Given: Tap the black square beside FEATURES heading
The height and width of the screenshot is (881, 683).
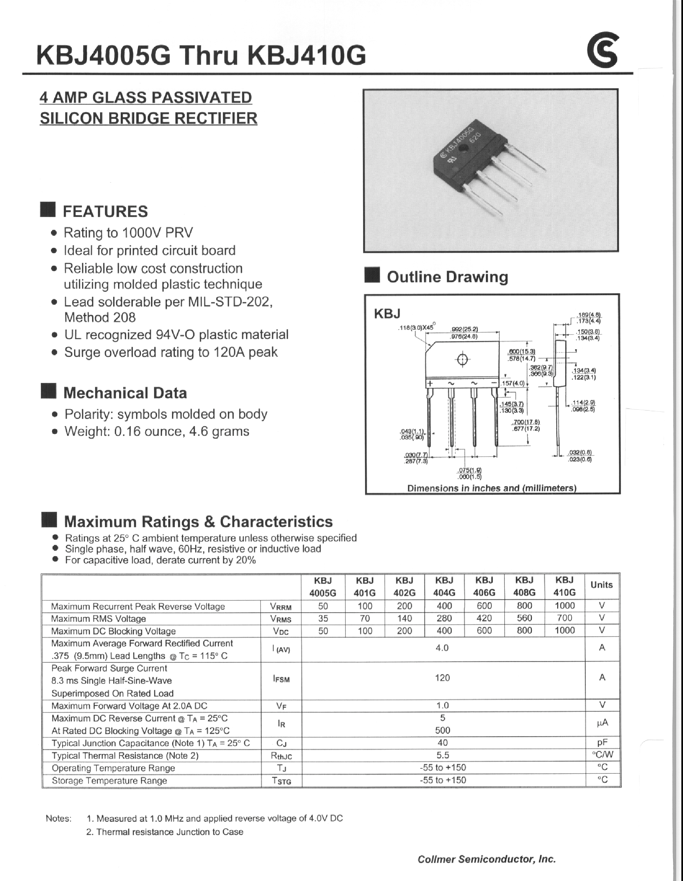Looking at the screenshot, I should point(48,210).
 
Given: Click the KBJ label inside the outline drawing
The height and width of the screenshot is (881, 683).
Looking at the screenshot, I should point(387,313).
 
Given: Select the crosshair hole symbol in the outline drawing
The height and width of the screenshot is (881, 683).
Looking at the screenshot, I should point(462,360).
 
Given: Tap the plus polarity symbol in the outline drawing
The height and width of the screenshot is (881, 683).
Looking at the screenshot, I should point(430,383).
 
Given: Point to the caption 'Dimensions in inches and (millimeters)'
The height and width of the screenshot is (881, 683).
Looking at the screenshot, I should point(491,488).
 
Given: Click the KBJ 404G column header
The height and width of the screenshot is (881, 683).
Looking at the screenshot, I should point(444,586).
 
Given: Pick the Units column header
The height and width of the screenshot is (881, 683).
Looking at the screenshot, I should point(601,585).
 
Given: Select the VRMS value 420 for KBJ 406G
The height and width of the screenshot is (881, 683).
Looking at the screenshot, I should point(484,618).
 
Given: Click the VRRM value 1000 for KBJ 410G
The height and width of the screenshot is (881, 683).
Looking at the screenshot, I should point(564,605).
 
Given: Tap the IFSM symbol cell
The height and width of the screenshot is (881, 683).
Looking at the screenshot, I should point(281,679).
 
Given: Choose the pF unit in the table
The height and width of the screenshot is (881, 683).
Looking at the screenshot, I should point(602,742).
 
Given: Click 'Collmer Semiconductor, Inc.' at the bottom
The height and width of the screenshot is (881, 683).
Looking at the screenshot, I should point(487,859).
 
